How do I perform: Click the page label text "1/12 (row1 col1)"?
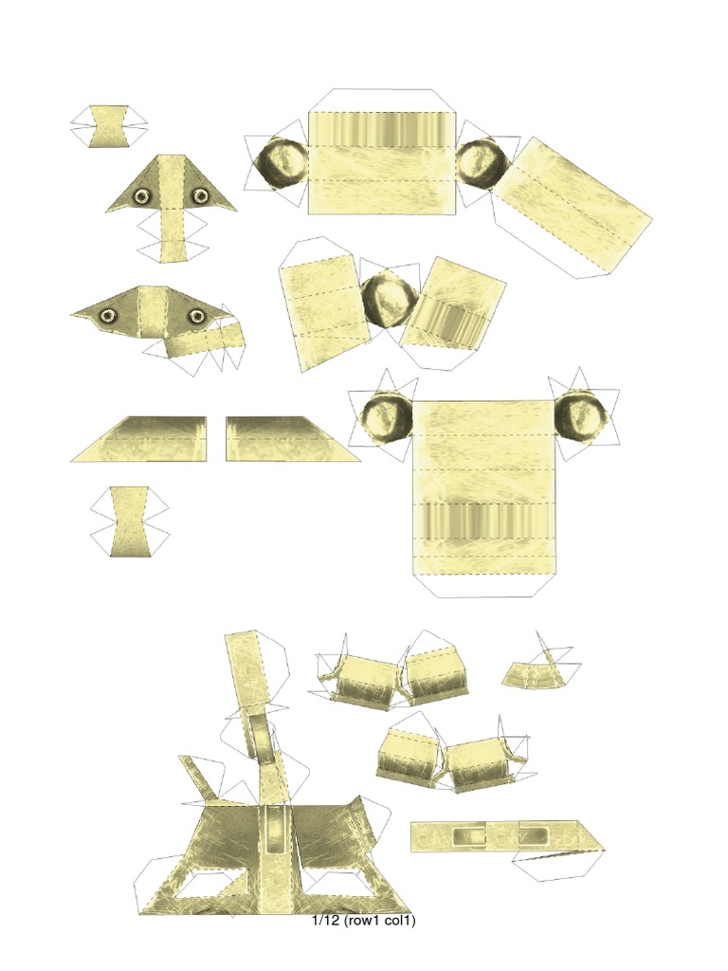click(364, 921)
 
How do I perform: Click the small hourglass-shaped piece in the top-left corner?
click(109, 126)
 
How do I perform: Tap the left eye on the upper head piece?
click(142, 196)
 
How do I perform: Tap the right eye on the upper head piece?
click(201, 196)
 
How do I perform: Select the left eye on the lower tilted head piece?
click(108, 315)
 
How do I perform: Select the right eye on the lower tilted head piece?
click(196, 316)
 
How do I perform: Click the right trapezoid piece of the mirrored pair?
click(284, 439)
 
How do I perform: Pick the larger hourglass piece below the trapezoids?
click(129, 522)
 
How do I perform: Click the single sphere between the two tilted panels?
click(388, 299)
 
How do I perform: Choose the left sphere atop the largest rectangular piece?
click(387, 418)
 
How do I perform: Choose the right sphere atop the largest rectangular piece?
click(580, 418)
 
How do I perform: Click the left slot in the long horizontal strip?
click(468, 836)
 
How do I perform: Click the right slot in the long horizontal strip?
click(532, 836)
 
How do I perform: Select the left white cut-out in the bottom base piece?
click(210, 886)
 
